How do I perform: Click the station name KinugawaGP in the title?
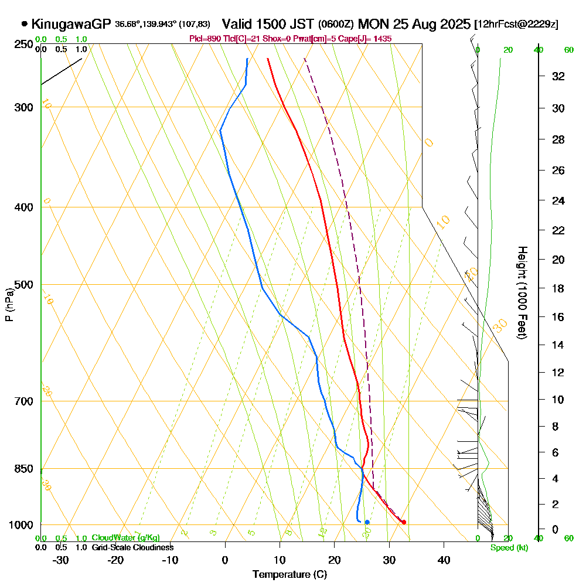pos(71,24)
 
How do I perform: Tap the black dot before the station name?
pos(24,24)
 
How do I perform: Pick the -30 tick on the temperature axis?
pos(61,560)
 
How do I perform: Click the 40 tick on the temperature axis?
pos(444,560)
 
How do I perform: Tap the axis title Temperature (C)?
pos(289,575)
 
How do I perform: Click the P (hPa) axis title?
pos(9,305)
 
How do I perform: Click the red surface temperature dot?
pos(404,522)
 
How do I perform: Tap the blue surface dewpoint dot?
pos(367,522)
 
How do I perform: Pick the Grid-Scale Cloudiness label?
pos(132,547)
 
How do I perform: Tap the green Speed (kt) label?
pos(509,548)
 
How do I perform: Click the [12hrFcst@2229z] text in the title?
pos(517,25)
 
